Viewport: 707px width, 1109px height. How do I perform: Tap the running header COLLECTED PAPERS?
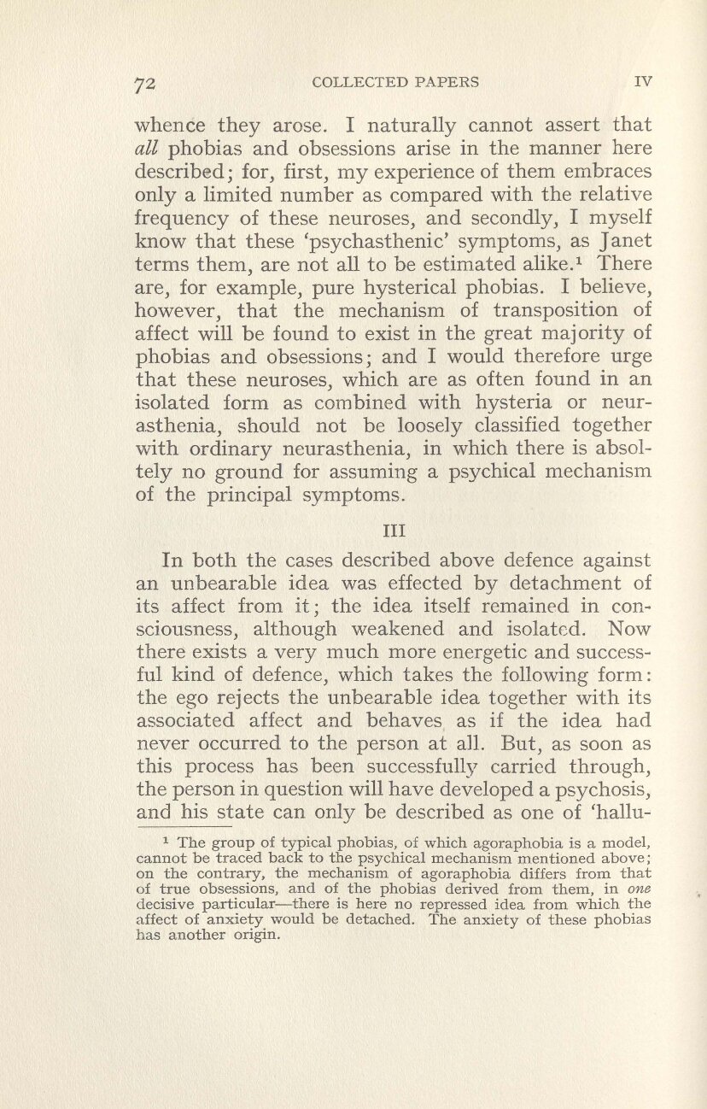[x=395, y=83]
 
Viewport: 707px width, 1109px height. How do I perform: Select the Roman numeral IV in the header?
[x=644, y=83]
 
